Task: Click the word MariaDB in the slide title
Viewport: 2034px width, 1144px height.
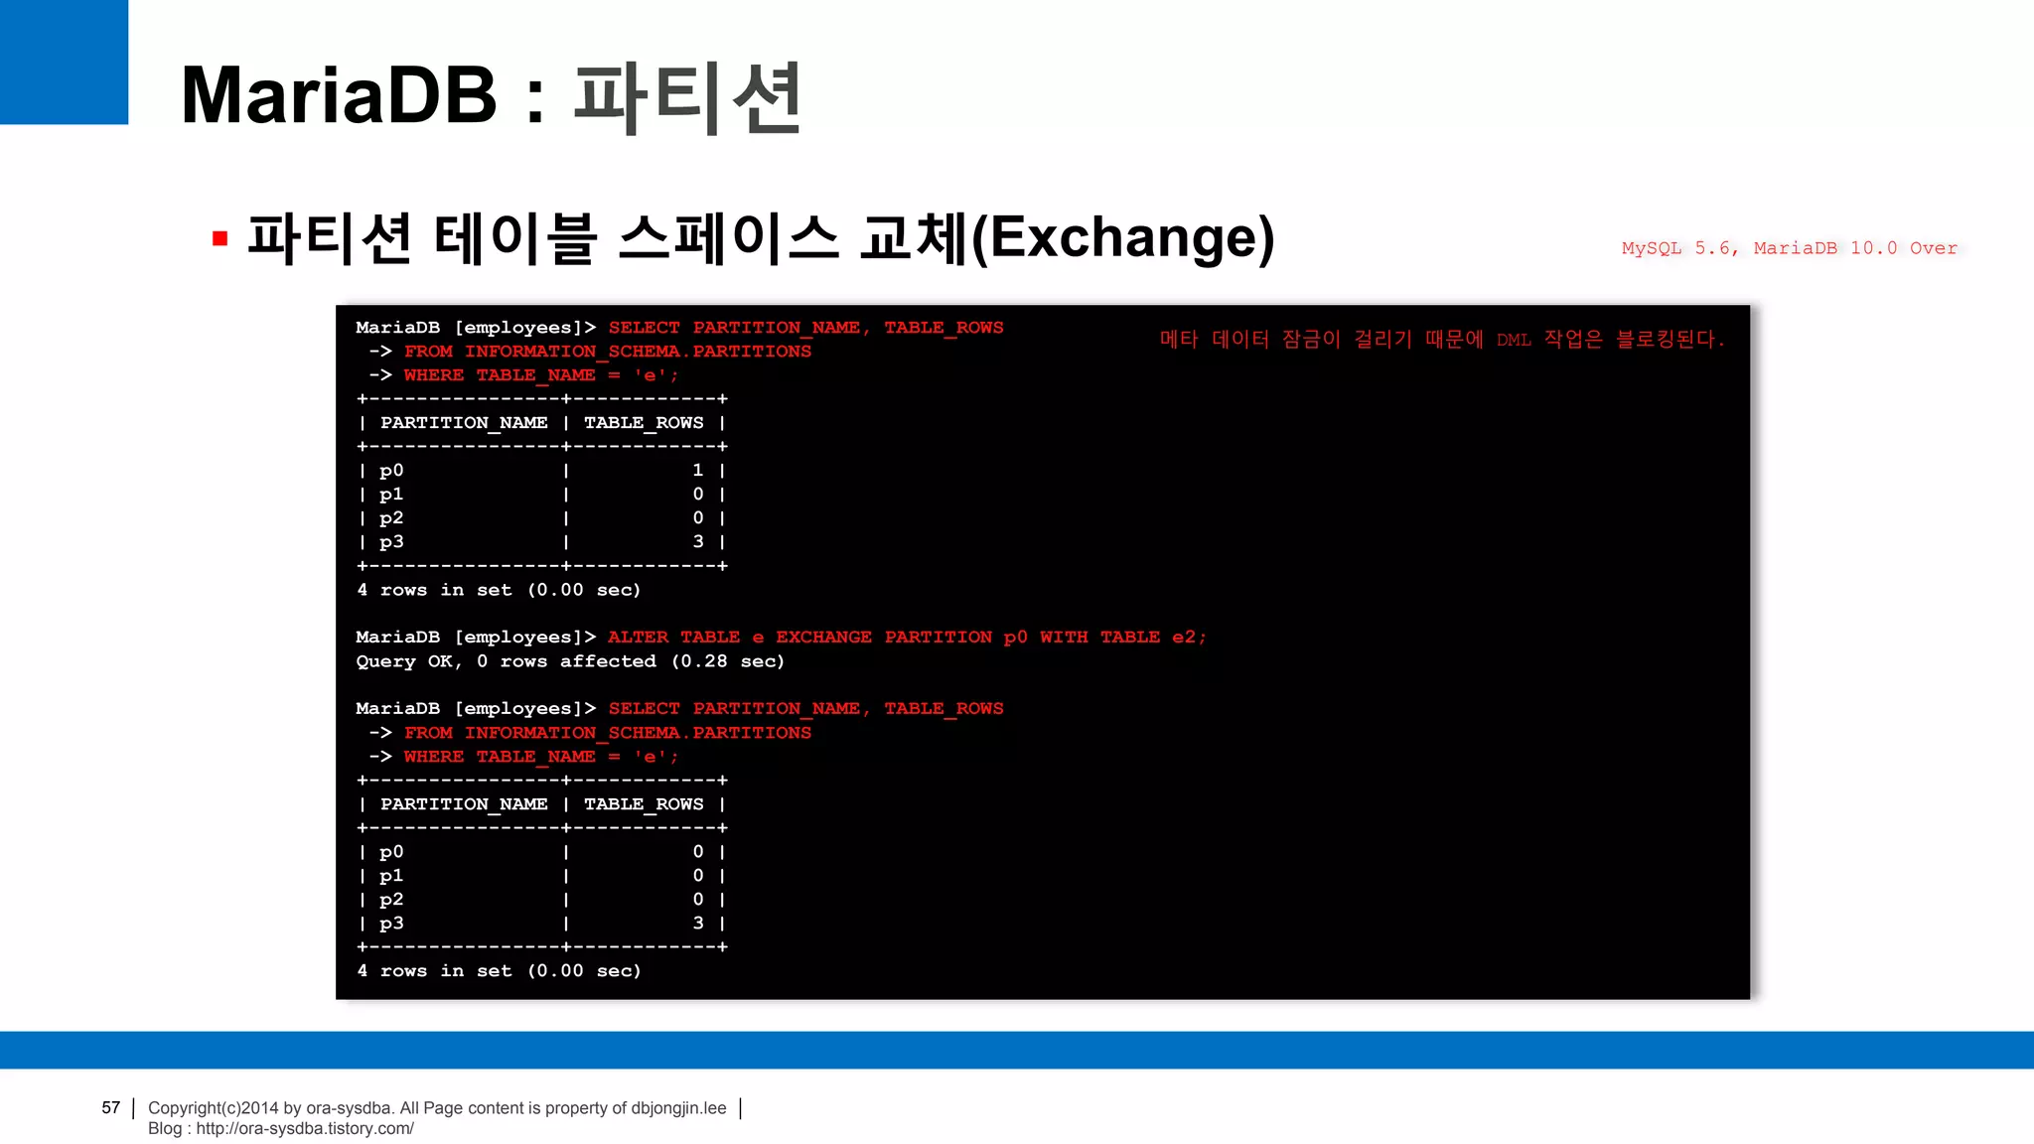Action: tap(339, 96)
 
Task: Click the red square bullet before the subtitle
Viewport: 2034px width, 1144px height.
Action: tap(220, 238)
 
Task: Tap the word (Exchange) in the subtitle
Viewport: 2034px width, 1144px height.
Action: tap(1123, 238)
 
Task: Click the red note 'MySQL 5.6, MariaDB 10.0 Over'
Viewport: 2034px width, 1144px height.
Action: tap(1789, 248)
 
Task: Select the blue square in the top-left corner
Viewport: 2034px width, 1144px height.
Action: tap(64, 62)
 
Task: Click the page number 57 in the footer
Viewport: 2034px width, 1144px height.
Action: tap(110, 1107)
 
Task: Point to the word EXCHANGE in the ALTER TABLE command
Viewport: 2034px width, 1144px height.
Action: tap(823, 638)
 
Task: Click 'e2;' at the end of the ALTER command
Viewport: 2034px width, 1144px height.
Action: tap(1189, 638)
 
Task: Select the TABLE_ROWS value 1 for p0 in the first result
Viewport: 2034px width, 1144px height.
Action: tap(698, 471)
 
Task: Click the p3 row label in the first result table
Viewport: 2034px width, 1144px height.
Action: tap(391, 542)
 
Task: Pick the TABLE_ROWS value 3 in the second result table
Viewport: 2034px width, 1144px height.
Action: tap(698, 924)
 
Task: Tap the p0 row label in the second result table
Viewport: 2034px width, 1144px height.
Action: tap(391, 852)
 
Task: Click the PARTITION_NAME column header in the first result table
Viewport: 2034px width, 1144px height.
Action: tap(464, 423)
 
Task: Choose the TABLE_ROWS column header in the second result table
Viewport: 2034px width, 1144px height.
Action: tap(644, 804)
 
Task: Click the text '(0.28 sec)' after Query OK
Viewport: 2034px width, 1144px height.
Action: tap(728, 661)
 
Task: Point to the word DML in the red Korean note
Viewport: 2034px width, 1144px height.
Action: tap(1514, 341)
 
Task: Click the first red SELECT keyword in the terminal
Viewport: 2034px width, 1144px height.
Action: tap(644, 328)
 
